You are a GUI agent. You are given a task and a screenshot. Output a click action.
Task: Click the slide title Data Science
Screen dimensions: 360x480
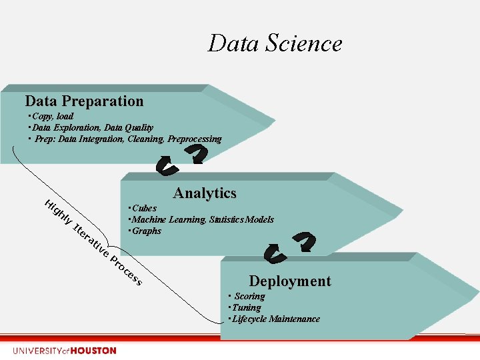coord(275,43)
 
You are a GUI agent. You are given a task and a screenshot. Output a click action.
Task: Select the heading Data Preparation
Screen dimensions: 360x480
coord(84,101)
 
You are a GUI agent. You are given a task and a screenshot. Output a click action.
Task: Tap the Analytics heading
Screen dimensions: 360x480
coord(205,193)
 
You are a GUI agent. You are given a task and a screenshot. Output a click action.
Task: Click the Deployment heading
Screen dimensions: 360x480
coord(289,281)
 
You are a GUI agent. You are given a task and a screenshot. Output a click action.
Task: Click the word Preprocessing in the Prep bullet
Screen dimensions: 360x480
coord(194,139)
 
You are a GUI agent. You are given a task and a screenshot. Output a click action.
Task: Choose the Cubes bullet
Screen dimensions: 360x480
coord(144,208)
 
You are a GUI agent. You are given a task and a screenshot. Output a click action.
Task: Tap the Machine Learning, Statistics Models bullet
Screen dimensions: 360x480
coord(203,219)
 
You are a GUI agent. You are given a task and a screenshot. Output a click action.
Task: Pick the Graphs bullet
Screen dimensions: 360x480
coord(147,231)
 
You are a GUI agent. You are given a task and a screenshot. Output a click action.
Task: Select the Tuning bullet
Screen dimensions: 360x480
coord(247,307)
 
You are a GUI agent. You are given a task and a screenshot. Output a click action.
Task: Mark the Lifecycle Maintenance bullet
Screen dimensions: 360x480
coord(276,319)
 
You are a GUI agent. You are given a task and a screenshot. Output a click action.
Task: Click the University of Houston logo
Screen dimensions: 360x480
coord(64,351)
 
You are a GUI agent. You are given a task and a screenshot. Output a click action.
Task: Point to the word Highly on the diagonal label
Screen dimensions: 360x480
coord(57,211)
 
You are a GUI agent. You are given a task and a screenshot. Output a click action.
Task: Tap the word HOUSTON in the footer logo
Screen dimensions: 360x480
coord(93,351)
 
